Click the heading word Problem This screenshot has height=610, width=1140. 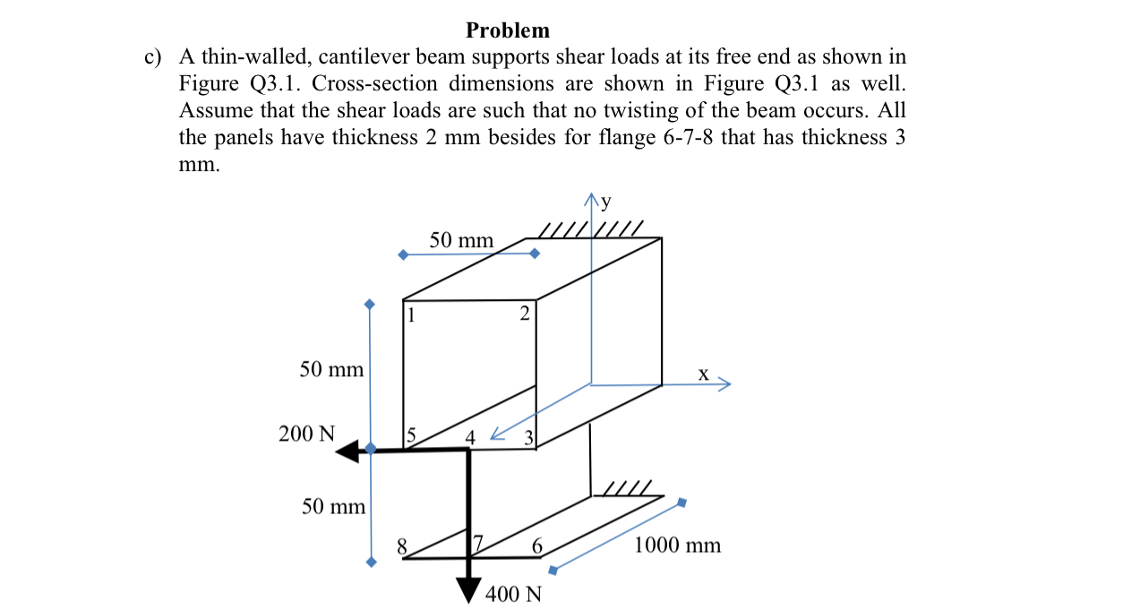pos(508,30)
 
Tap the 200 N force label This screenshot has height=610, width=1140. pos(306,434)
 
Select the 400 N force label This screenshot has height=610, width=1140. pos(513,594)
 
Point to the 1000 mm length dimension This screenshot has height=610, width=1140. pos(677,546)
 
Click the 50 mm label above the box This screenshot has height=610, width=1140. pos(461,240)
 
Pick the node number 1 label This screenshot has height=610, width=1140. pos(411,314)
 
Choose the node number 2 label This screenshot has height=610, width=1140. pos(525,314)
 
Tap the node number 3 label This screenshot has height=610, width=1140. pos(528,438)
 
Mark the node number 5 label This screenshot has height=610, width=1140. pos(411,436)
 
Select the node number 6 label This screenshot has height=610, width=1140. pos(536,546)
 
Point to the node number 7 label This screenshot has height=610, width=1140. pos(478,543)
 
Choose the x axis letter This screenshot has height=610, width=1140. pos(703,374)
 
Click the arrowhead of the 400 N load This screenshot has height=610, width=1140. pos(468,591)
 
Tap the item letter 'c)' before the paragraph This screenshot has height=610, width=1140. pos(153,57)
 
